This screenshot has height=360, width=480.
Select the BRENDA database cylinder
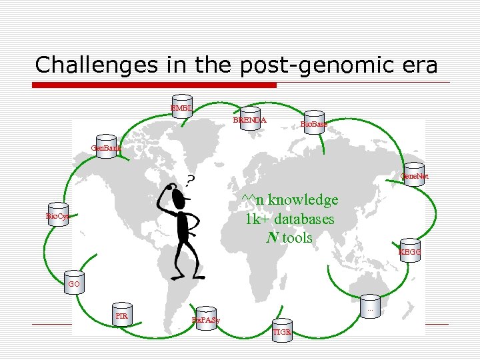[x=250, y=118]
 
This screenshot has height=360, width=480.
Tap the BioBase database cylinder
[x=313, y=121]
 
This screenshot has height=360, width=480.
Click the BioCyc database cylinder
[x=58, y=215]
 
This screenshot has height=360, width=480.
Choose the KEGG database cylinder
[x=410, y=249]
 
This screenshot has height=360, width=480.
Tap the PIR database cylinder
[x=121, y=313]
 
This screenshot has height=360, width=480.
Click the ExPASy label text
[x=206, y=321]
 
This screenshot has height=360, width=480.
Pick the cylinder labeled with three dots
[x=370, y=307]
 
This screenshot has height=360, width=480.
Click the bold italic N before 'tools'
[x=271, y=237]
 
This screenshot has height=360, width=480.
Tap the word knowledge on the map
[x=303, y=200]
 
